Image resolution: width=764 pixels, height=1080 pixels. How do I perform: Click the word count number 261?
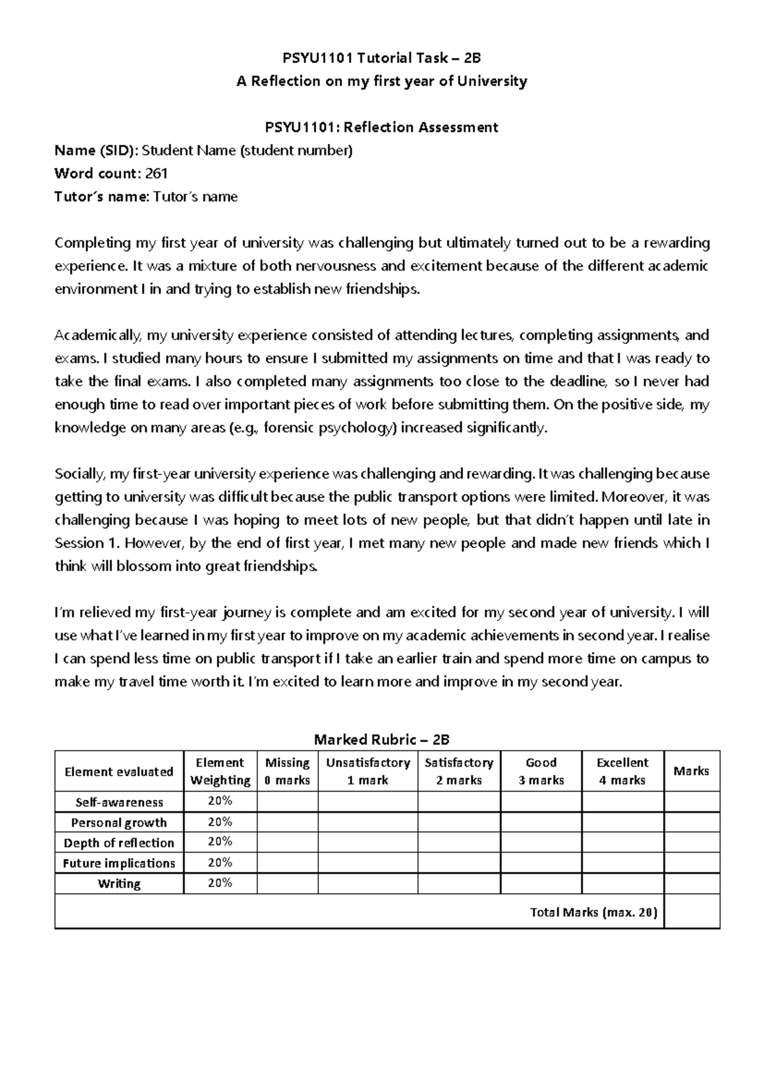pyautogui.click(x=157, y=173)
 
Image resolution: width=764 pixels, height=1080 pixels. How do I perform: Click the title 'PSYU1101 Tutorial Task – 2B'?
pyautogui.click(x=381, y=58)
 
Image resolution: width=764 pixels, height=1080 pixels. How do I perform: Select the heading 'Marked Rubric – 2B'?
pyautogui.click(x=381, y=739)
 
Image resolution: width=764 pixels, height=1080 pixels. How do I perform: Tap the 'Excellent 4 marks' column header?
pyautogui.click(x=622, y=771)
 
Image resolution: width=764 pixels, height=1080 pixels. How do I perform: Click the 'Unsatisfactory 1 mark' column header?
pyautogui.click(x=367, y=771)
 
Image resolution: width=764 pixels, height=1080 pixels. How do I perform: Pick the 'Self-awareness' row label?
pyautogui.click(x=119, y=802)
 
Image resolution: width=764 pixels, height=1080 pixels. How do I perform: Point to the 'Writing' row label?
pyautogui.click(x=119, y=883)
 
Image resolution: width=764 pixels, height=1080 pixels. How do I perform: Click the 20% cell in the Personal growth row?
pyautogui.click(x=220, y=821)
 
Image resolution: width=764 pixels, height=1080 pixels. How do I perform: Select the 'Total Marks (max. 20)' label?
pyautogui.click(x=593, y=912)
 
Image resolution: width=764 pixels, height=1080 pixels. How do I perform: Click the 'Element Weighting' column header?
pyautogui.click(x=220, y=771)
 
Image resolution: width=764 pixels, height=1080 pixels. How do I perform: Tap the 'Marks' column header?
pyautogui.click(x=691, y=771)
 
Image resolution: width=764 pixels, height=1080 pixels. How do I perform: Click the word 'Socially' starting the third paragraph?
pyautogui.click(x=80, y=474)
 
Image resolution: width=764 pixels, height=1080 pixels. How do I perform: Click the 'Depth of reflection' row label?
pyautogui.click(x=119, y=842)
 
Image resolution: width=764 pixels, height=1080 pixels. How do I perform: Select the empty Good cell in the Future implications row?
pyautogui.click(x=541, y=863)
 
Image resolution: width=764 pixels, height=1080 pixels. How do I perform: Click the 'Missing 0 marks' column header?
pyautogui.click(x=287, y=771)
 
